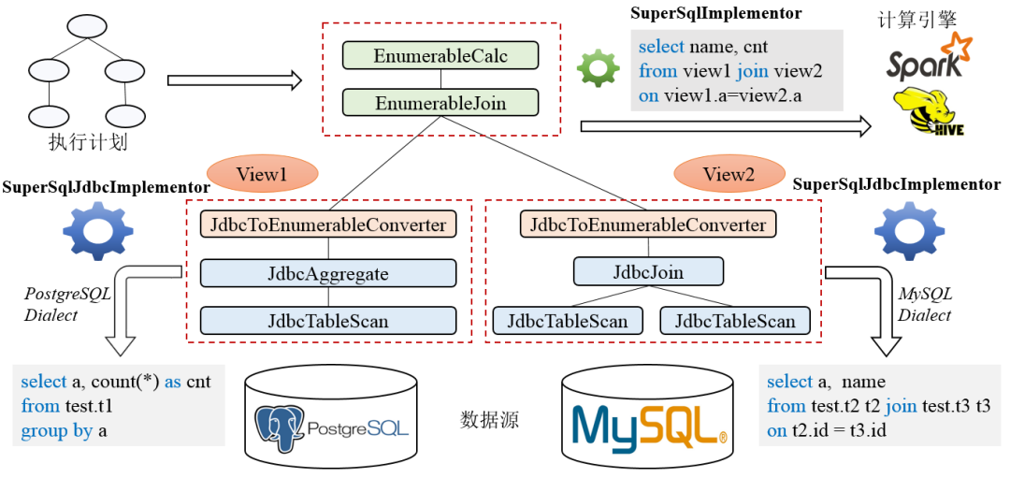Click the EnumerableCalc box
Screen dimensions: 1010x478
click(x=440, y=55)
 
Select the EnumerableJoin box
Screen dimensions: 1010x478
click(x=440, y=102)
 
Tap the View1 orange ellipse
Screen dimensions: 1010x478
click(x=262, y=174)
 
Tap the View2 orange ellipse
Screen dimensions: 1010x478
click(x=729, y=174)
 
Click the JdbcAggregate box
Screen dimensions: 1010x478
click(x=328, y=273)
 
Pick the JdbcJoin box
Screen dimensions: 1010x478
click(x=649, y=272)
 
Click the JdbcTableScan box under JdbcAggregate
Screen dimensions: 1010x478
click(x=328, y=320)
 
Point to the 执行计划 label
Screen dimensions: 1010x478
click(x=88, y=142)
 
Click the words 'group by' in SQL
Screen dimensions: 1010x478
click(x=57, y=431)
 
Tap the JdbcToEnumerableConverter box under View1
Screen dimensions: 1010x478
click(x=328, y=225)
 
